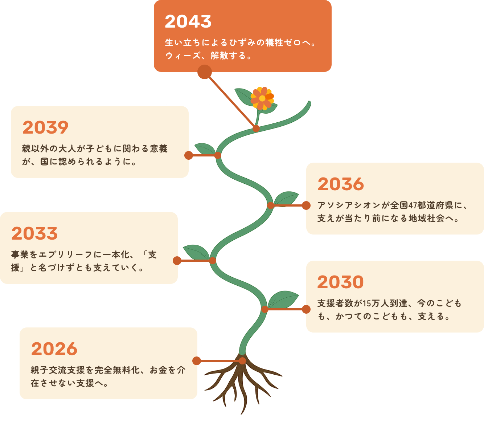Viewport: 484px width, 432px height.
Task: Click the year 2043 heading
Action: click(x=188, y=22)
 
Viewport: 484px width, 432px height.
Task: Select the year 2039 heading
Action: click(x=45, y=128)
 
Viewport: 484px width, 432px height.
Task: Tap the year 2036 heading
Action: click(x=341, y=184)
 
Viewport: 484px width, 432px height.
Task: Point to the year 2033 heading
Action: click(x=34, y=234)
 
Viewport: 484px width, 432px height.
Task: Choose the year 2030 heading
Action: click(x=340, y=282)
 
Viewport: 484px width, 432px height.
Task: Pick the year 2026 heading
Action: click(x=54, y=349)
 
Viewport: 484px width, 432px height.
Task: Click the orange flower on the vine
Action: click(x=262, y=98)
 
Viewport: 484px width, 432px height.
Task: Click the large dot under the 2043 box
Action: click(x=205, y=72)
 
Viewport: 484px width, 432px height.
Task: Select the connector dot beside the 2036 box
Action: click(x=306, y=205)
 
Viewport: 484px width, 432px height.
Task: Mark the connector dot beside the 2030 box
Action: click(x=306, y=309)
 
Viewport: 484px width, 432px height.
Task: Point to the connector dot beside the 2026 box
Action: click(x=197, y=361)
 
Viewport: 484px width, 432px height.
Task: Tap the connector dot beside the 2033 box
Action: click(x=177, y=261)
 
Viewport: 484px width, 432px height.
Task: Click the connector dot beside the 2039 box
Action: click(x=189, y=155)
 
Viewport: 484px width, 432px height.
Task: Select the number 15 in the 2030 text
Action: click(x=366, y=303)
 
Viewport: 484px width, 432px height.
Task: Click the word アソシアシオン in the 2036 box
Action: click(x=349, y=205)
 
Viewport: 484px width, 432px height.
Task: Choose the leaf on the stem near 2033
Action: click(x=196, y=252)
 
